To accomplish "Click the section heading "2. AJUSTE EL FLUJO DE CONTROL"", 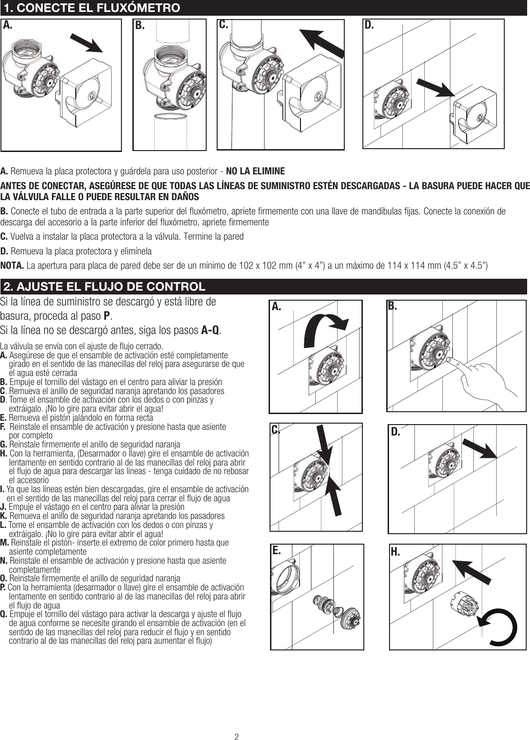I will click(x=104, y=287).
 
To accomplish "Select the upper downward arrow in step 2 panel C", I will click(x=322, y=444).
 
